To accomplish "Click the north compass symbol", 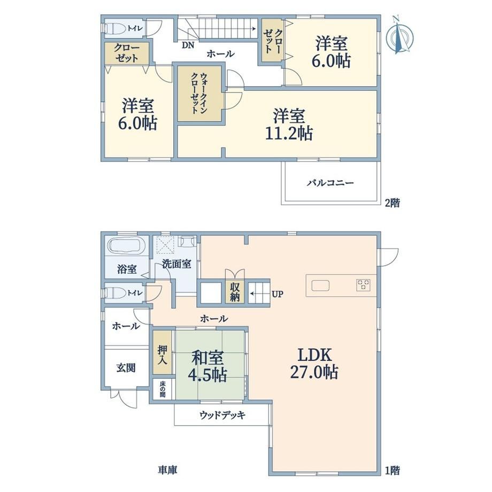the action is tap(399, 35).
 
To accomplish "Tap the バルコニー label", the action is tap(330, 182).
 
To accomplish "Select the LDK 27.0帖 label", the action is tap(314, 364).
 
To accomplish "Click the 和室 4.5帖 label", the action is tap(207, 366).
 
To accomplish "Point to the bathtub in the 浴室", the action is tap(126, 245).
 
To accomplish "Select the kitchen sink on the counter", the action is tap(320, 286).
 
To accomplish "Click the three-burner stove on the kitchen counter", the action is tap(363, 285).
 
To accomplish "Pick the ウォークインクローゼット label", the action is tap(199, 93).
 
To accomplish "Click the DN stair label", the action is tap(188, 45).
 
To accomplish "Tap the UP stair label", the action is tap(278, 294).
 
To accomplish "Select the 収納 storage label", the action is tap(235, 293).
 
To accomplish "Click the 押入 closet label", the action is tap(162, 355).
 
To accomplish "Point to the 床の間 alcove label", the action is tap(162, 389).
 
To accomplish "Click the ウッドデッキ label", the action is tap(222, 415).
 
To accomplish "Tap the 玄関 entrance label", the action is tap(126, 367).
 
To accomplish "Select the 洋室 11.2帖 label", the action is tap(289, 125).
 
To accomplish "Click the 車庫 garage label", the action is tap(167, 470).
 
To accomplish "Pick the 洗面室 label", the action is tap(176, 264).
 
